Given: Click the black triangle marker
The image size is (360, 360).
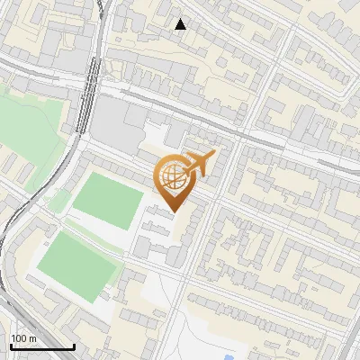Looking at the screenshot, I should point(181,24).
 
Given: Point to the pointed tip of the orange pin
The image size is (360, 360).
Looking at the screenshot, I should point(174,212).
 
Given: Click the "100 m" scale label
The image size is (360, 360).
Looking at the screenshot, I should point(23,338).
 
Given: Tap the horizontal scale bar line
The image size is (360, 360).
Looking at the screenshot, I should point(42,346).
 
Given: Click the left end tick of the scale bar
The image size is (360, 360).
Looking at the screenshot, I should point(11,345).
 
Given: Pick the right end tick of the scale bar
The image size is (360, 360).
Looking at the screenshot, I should point(74,345).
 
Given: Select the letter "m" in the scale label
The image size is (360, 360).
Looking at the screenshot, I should point(32,338).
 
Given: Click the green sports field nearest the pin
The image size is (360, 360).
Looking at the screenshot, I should point(107,200).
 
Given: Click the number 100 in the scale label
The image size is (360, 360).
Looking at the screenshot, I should point(19,338).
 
